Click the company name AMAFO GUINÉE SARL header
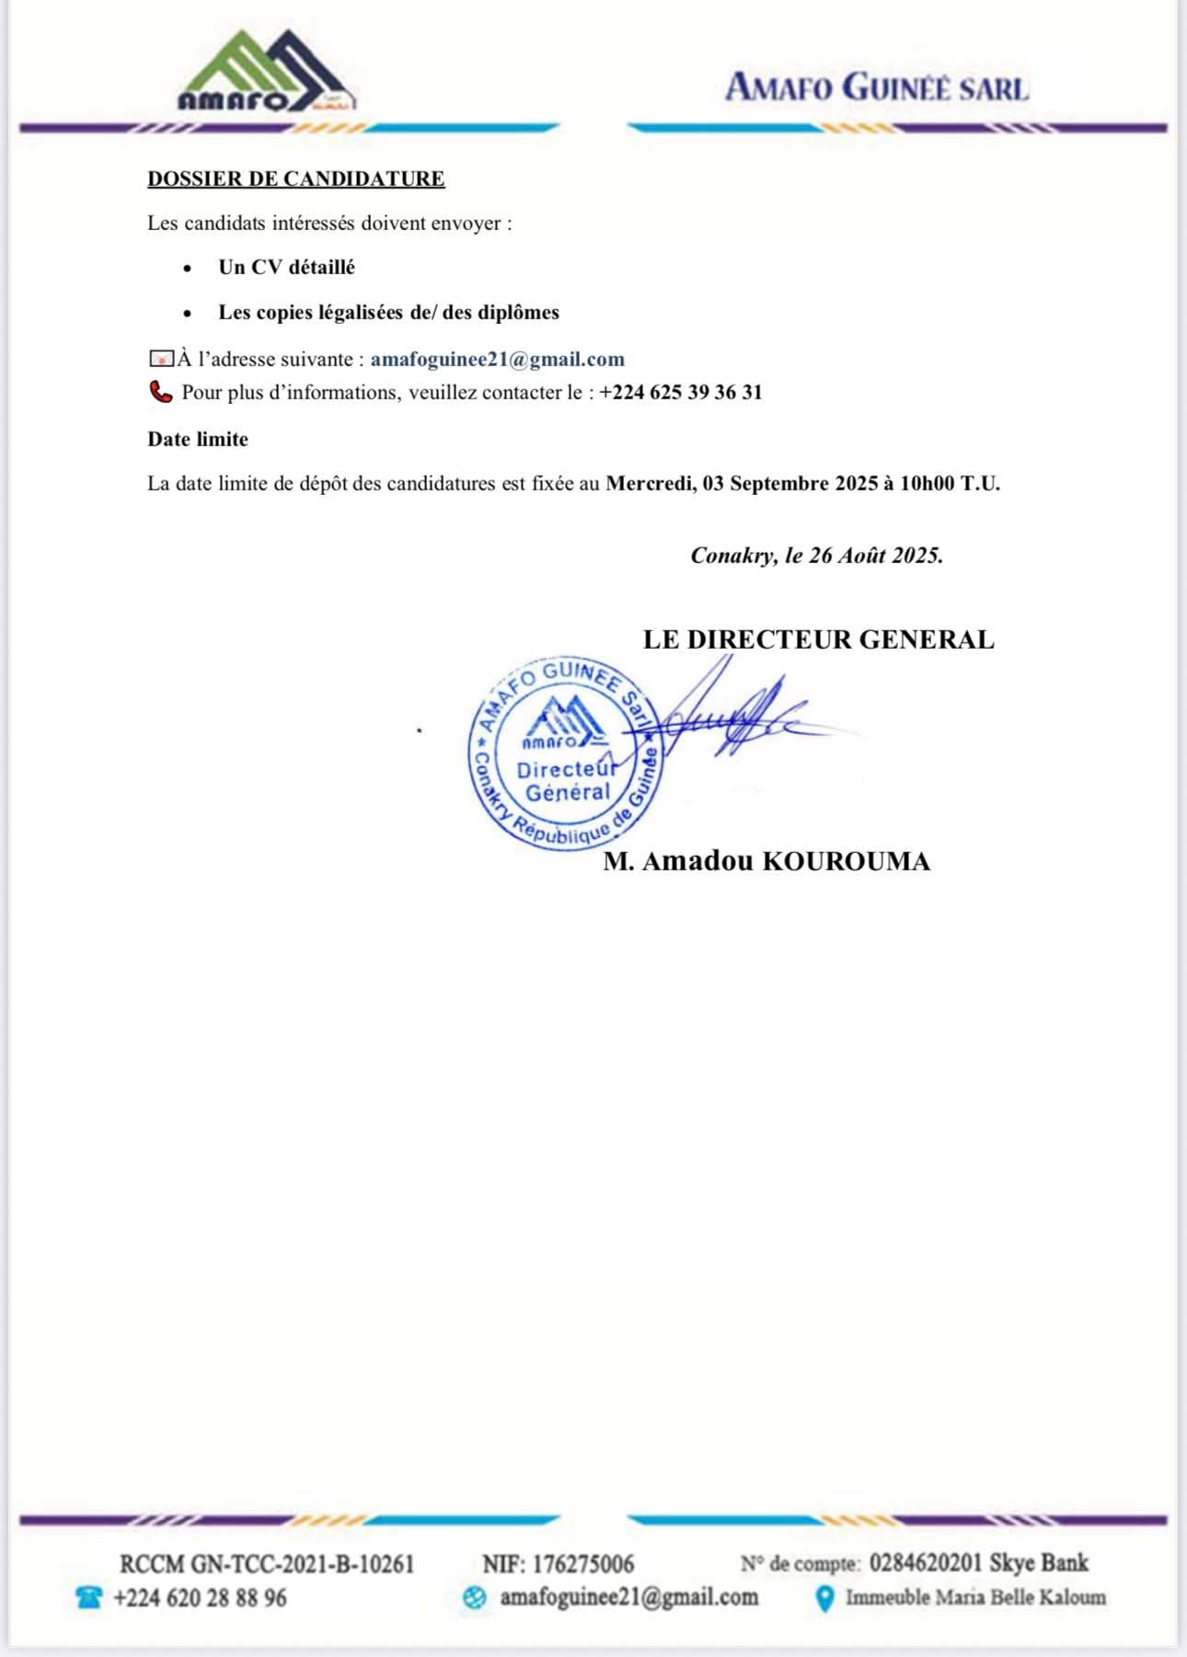(x=877, y=88)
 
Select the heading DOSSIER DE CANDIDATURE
(x=296, y=178)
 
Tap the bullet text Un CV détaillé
(x=286, y=268)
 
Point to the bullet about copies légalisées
(x=388, y=313)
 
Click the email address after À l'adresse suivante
(x=497, y=360)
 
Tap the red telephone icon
(x=161, y=393)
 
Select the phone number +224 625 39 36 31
(x=681, y=393)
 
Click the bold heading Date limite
(x=198, y=440)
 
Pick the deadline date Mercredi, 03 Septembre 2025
(x=742, y=484)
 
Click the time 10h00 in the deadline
(x=927, y=484)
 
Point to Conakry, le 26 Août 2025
(x=816, y=556)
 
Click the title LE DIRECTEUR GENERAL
(x=818, y=639)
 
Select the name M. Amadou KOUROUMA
(x=766, y=862)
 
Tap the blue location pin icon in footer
(x=825, y=1599)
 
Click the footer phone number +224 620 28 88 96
(x=200, y=1598)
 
